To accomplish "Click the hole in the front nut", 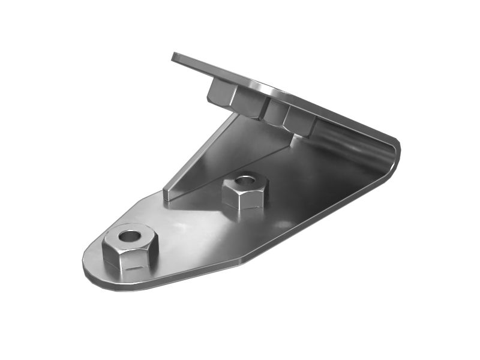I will tap(129, 235).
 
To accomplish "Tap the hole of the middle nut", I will tap(245, 180).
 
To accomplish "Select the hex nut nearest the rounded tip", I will tap(130, 247).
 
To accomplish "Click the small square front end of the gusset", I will tap(169, 194).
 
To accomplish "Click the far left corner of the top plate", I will tap(174, 56).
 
